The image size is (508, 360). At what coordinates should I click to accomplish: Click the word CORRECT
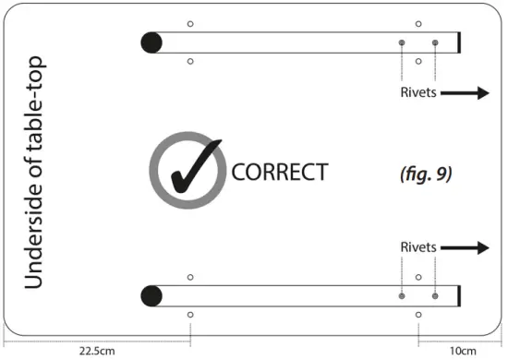(x=279, y=172)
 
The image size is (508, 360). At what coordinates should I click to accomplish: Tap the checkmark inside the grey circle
(x=192, y=168)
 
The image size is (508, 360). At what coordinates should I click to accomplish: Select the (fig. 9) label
(x=426, y=173)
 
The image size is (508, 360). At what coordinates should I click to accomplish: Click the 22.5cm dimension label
(x=96, y=350)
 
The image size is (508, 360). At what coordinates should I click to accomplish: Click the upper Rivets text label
(x=418, y=93)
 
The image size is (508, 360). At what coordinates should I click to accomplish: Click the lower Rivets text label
(x=418, y=247)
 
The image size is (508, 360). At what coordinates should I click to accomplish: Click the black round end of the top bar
(x=151, y=42)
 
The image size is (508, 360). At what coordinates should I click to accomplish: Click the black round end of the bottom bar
(x=151, y=295)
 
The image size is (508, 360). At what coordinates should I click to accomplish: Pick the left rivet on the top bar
(x=402, y=42)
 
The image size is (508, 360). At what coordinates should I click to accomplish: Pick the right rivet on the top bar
(x=435, y=42)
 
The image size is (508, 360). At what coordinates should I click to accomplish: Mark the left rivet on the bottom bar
(x=402, y=296)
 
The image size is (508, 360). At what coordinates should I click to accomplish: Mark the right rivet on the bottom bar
(x=435, y=296)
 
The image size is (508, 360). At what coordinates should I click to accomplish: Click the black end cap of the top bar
(x=459, y=42)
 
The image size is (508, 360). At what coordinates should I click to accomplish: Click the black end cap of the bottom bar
(x=459, y=296)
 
